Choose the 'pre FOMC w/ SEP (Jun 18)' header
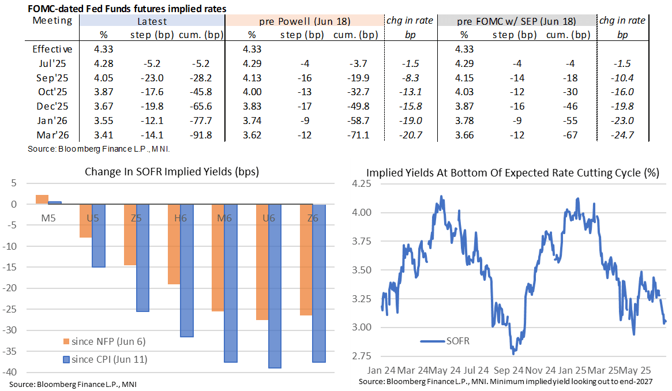tap(516, 21)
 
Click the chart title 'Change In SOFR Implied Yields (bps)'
tap(172, 172)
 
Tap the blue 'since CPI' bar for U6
tap(275, 286)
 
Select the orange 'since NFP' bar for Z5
tap(130, 235)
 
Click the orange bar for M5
tap(42, 200)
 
